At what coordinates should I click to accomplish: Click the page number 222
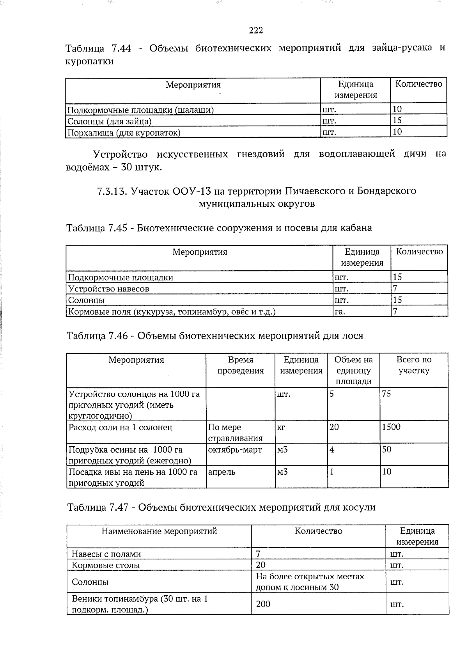click(256, 30)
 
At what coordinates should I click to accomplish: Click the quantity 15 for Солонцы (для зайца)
click(397, 121)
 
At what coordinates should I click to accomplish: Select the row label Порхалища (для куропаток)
click(124, 133)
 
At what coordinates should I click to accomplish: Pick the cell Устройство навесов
click(108, 289)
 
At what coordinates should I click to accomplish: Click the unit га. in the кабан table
click(340, 312)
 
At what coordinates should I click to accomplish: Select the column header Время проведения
click(240, 365)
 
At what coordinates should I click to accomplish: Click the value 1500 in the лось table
click(391, 427)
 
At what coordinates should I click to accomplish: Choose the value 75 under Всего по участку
click(386, 394)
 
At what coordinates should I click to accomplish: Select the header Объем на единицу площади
click(353, 371)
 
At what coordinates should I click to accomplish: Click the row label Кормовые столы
click(106, 565)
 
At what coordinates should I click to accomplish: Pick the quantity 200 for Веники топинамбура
click(263, 604)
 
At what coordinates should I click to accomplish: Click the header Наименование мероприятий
click(159, 531)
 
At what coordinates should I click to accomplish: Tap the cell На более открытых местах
click(310, 577)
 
